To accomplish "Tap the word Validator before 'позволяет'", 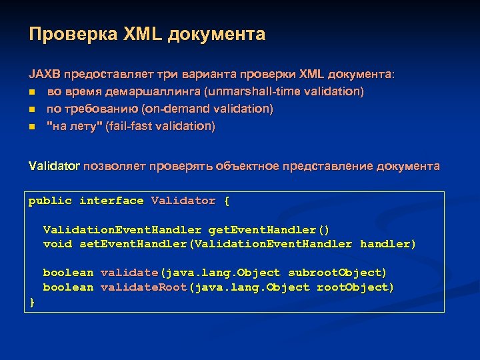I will click(54, 166).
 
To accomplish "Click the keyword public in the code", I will click(50, 201).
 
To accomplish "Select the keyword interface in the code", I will click(111, 201).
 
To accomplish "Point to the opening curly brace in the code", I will click(227, 201).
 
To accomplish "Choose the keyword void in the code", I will click(57, 244).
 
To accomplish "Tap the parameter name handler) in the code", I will click(387, 244).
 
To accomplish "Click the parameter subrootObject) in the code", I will click(337, 273).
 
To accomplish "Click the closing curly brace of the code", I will click(32, 302).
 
